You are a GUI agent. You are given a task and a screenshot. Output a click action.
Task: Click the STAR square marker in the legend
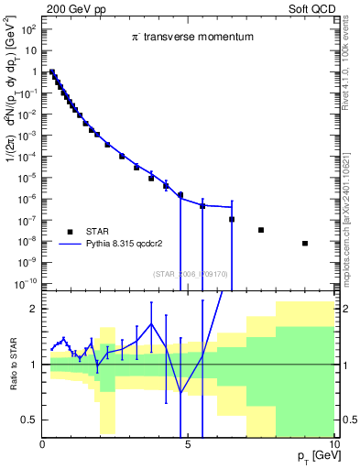pyautogui.click(x=70, y=230)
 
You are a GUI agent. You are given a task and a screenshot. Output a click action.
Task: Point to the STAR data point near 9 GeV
pyautogui.click(x=305, y=243)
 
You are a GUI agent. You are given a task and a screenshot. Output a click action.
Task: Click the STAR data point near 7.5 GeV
pyautogui.click(x=261, y=230)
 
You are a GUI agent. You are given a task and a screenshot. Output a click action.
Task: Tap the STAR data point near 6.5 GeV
pyautogui.click(x=232, y=219)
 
